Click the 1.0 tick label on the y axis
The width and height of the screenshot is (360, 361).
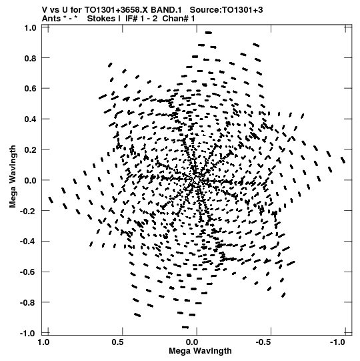click(30, 28)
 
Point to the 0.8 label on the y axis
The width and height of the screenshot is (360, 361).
click(30, 58)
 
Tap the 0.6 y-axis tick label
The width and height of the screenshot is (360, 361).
click(30, 88)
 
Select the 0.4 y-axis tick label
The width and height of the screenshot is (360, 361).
click(30, 119)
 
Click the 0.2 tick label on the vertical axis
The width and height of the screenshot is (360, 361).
click(30, 149)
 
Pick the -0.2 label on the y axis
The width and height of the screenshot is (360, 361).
click(28, 211)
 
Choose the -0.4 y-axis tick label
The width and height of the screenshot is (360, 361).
click(28, 242)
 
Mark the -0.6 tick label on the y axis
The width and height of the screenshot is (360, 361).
click(28, 272)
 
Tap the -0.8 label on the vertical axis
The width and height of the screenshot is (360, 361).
click(28, 302)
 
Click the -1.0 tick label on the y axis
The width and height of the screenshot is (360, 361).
click(28, 334)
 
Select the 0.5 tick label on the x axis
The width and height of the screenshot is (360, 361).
click(118, 342)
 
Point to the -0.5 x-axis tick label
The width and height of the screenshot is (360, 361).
click(264, 342)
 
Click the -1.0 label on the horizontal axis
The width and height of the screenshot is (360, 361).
click(338, 342)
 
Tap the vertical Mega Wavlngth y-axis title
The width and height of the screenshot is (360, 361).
click(13, 176)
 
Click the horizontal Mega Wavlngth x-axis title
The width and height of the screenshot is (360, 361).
click(200, 351)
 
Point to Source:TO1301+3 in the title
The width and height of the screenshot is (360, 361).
click(227, 10)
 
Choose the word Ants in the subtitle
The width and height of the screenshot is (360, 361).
click(51, 19)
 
